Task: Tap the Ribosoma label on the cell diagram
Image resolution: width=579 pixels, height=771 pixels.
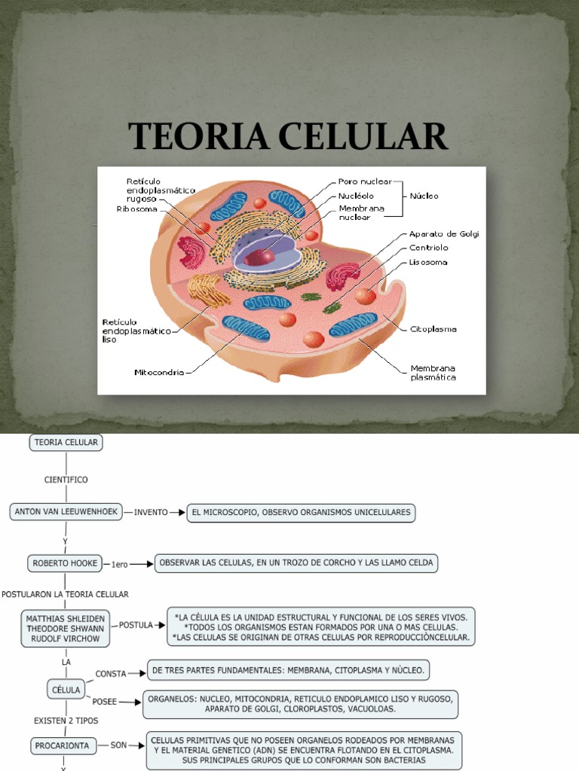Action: coord(136,209)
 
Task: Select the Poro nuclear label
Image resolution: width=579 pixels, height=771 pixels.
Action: coord(364,182)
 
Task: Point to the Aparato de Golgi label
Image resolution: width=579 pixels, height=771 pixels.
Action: coord(444,233)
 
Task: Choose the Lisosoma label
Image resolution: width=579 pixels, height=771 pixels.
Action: coord(428,262)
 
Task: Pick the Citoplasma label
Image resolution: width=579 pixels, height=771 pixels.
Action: coord(433,329)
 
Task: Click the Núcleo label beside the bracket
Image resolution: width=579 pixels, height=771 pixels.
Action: coord(424,196)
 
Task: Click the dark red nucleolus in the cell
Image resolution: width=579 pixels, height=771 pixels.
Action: coord(258,256)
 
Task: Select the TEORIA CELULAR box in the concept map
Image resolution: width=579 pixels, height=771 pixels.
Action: coord(66,443)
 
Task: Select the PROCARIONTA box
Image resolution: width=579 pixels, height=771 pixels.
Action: coord(62,746)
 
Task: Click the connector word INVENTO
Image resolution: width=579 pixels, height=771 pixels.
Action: coord(151,512)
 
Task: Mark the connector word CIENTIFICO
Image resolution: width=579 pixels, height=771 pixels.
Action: coord(66,480)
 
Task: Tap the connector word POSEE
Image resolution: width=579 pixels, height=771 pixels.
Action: coord(105,702)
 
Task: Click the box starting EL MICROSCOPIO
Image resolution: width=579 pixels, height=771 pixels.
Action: coord(302,512)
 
